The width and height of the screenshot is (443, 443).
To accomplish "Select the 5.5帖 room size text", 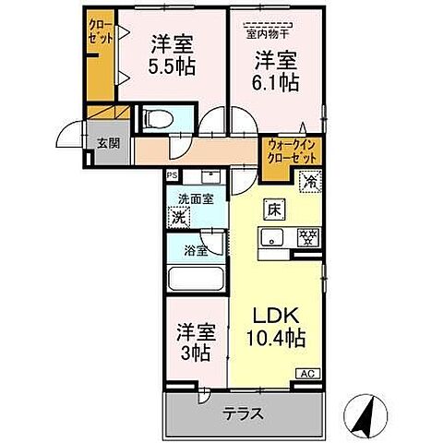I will tap(172, 67).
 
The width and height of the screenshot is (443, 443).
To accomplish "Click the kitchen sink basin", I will tap(274, 238).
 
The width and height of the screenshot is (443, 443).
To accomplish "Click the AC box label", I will tap(305, 373).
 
